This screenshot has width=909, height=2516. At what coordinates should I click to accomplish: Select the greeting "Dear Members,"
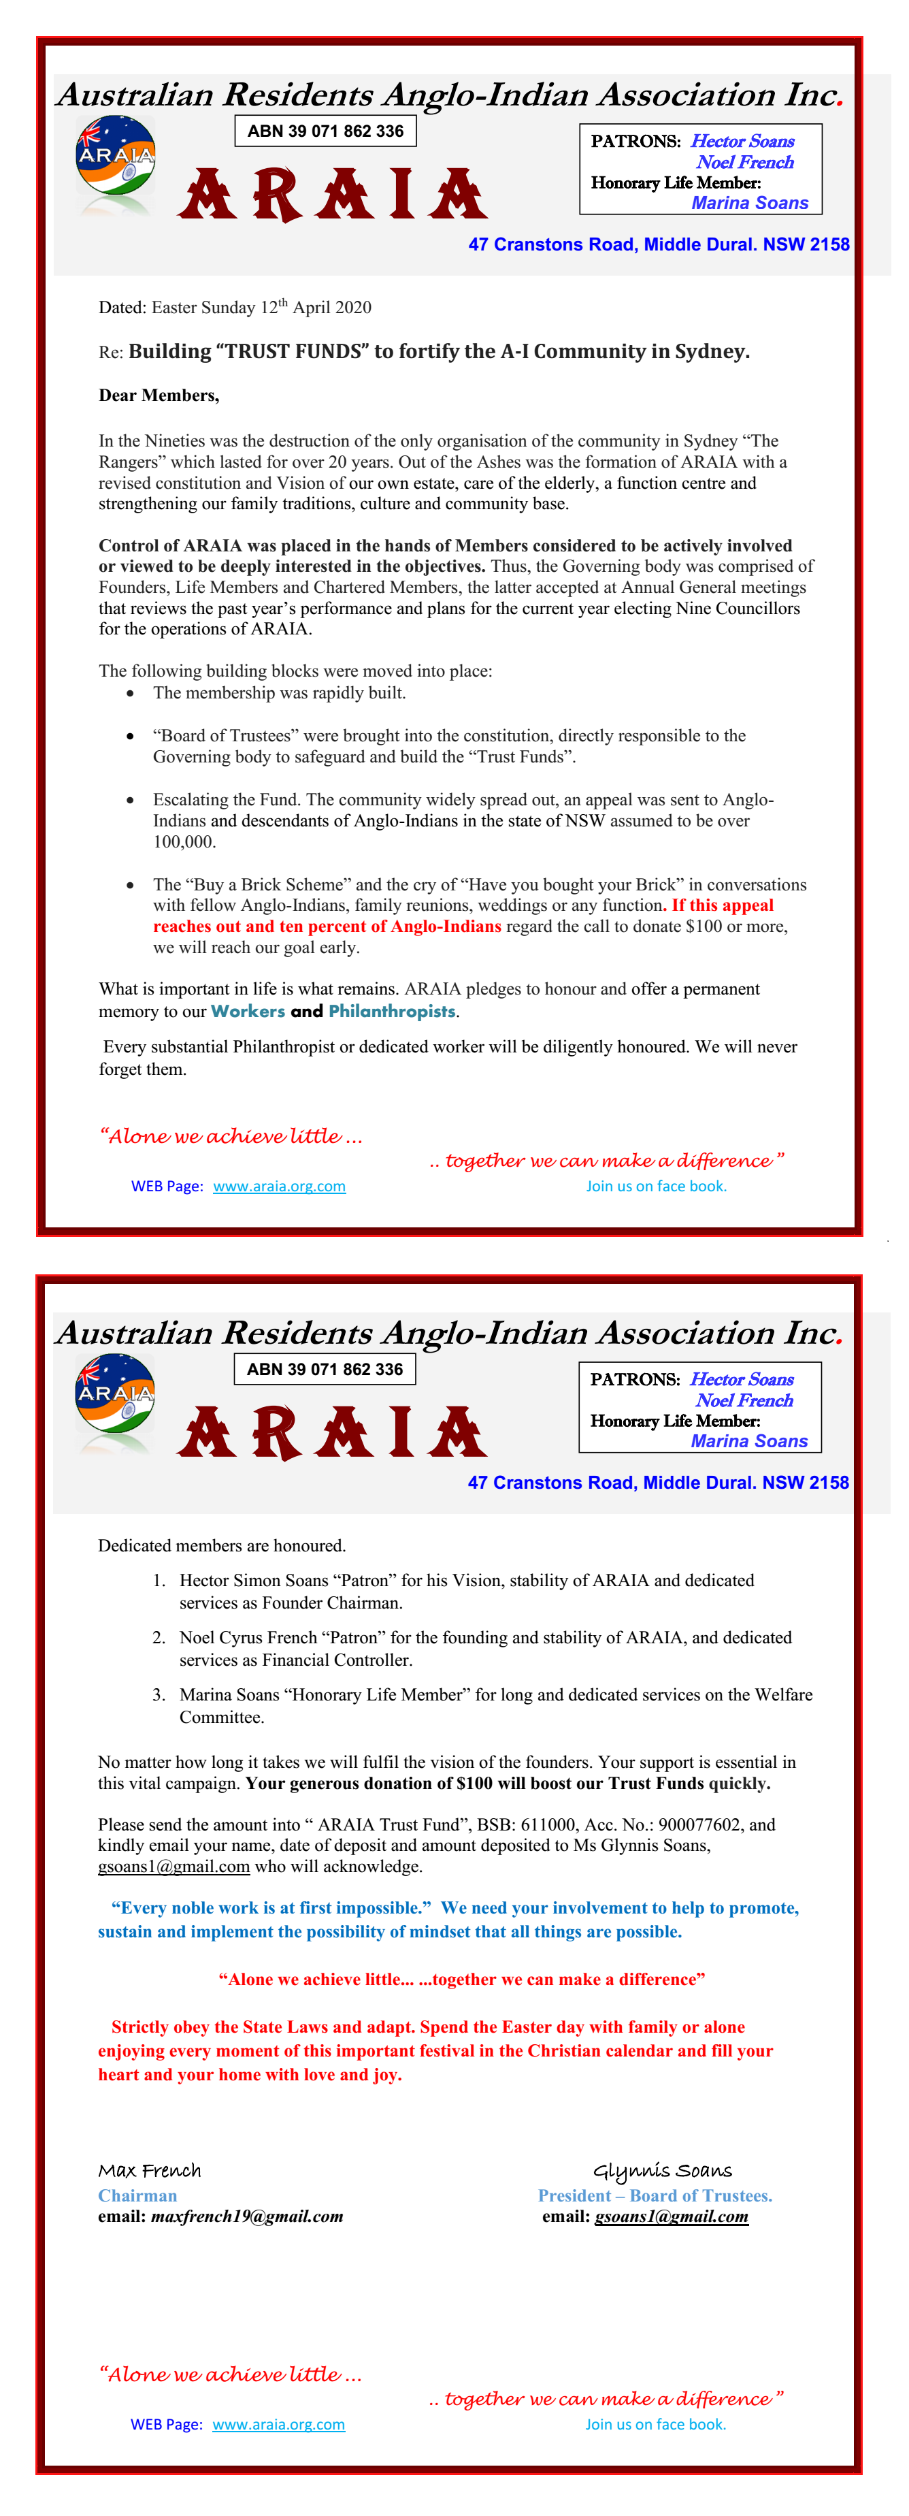158,396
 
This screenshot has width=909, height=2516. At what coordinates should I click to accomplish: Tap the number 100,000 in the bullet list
184,842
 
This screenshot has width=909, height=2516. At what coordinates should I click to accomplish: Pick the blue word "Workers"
248,1012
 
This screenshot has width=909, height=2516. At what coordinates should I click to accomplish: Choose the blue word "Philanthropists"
391,1012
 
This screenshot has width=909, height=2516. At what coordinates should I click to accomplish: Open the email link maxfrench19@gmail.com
246,2217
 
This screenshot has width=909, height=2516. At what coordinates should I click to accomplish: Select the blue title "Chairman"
137,2195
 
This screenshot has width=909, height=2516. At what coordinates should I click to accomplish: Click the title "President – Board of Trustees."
654,2195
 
